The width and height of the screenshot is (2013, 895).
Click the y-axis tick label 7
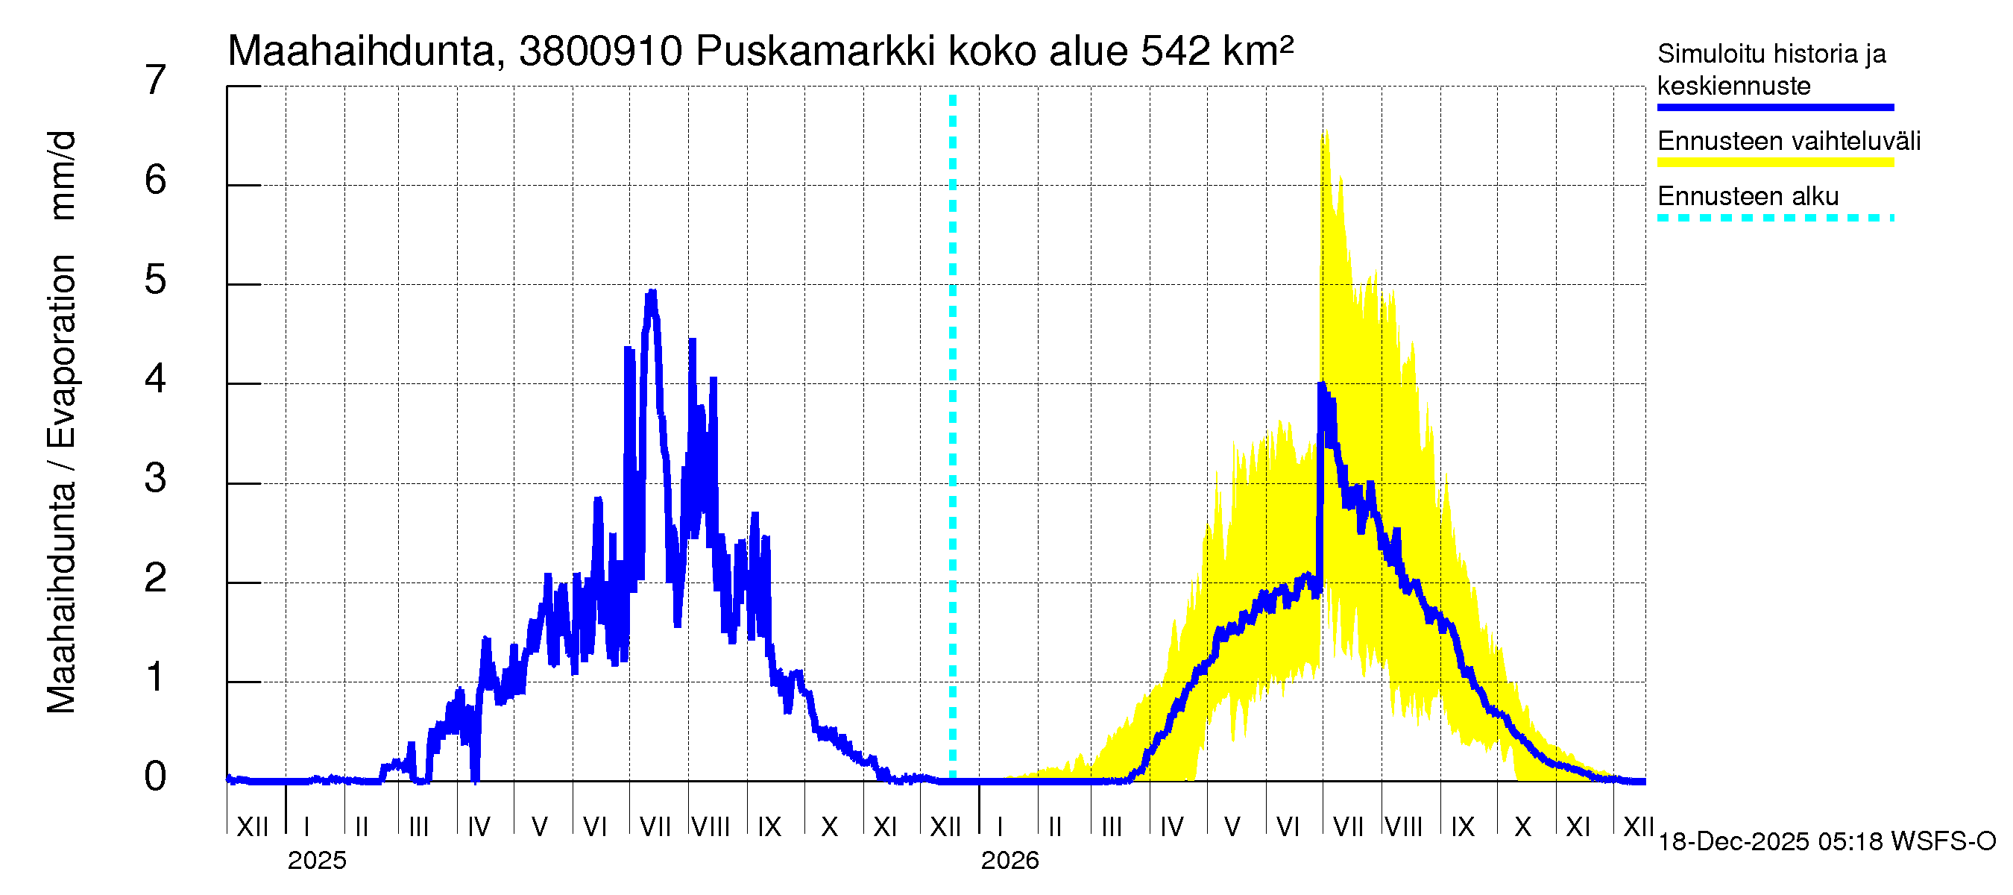(x=156, y=81)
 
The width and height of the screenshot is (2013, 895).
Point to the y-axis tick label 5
(x=156, y=280)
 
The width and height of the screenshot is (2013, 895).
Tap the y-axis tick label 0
(x=156, y=776)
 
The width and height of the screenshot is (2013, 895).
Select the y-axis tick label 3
(x=156, y=478)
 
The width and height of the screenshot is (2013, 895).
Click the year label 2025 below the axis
(x=316, y=861)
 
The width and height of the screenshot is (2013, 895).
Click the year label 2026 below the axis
(x=1009, y=861)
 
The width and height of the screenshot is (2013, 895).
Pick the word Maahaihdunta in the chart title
(x=362, y=52)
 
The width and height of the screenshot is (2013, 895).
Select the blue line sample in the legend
(x=1774, y=107)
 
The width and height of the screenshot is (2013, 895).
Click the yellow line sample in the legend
(x=1774, y=163)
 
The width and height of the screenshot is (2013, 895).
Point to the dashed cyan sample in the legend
(x=1774, y=218)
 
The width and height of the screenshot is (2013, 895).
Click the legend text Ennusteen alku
(x=1748, y=196)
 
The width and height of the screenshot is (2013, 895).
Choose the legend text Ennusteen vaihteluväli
(x=1789, y=142)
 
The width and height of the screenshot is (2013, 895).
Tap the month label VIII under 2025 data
(x=711, y=827)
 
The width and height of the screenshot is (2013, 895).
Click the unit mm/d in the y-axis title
(x=62, y=175)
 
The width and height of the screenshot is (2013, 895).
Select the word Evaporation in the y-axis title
(x=62, y=351)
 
